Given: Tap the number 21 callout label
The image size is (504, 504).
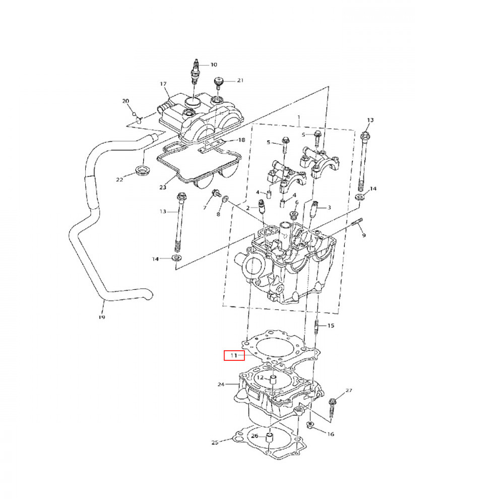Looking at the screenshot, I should (240, 81).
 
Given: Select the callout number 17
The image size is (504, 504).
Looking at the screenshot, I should (163, 84).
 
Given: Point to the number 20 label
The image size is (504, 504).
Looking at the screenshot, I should (125, 101).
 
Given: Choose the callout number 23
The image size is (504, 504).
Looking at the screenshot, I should (163, 187).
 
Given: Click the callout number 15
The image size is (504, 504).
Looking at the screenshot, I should (331, 326).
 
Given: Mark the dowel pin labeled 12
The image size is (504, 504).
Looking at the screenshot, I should (273, 382).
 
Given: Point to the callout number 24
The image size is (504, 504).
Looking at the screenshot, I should (221, 385).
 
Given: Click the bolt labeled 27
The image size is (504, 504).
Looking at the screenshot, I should (332, 406).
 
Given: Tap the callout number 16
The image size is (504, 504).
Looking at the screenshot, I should (331, 434).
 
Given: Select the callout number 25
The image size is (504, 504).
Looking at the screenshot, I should (214, 443).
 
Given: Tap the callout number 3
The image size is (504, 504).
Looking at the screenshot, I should (329, 207).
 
